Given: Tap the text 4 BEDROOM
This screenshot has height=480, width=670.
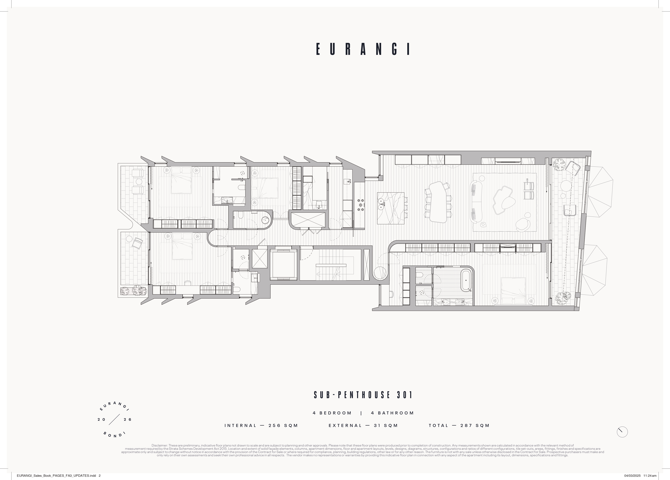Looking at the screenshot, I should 332,413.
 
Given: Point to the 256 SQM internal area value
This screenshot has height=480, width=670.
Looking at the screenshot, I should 283,425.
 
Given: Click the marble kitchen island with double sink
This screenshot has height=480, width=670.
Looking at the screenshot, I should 391,208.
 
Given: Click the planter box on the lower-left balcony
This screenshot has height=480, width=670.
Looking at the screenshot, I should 134,291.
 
